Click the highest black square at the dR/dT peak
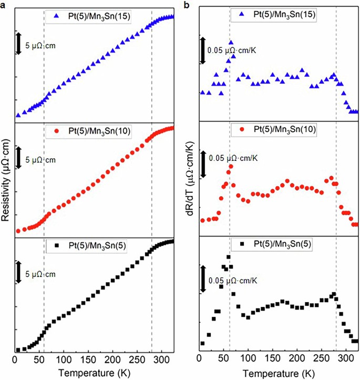click(x=228, y=257)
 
